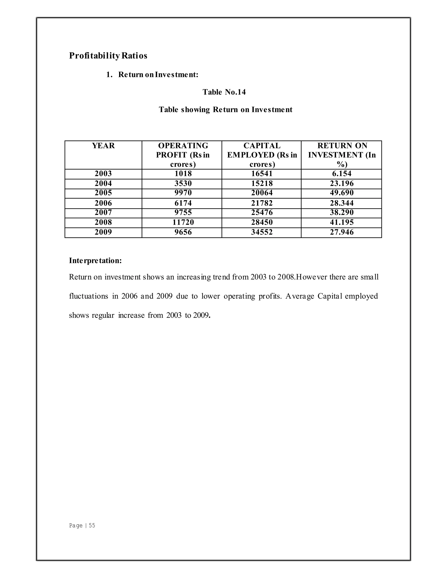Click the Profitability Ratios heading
108,56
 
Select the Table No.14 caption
224,92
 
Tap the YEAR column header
103,146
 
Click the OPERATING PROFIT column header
183,155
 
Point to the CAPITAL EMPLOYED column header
262,155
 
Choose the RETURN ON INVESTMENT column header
342,155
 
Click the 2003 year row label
103,174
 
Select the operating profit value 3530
183,183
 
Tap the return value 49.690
342,193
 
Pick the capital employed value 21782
262,203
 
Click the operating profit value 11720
183,222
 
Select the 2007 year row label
103,213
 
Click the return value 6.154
342,174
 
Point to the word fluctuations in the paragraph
88,296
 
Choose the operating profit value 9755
183,213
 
